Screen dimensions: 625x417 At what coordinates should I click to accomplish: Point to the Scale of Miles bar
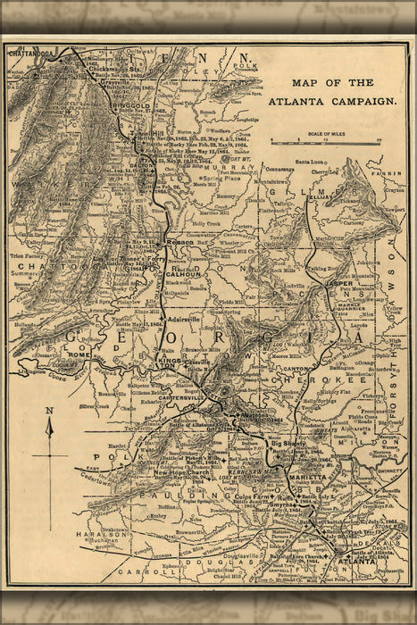[326, 141]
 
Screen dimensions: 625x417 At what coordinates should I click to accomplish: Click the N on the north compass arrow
[51, 410]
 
